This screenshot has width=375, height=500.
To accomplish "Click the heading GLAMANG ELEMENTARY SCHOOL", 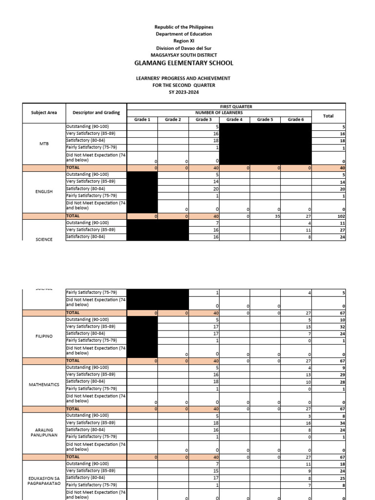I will [184, 63].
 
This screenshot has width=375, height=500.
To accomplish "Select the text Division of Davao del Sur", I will [184, 48].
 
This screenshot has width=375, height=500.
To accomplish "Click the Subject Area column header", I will [44, 113].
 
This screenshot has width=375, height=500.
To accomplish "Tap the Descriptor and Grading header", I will [96, 113].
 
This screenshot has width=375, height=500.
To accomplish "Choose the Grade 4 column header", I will [234, 119].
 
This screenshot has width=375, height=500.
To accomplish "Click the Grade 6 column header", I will [295, 119].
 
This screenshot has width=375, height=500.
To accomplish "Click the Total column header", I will [328, 116].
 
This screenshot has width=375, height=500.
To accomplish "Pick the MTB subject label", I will [44, 144].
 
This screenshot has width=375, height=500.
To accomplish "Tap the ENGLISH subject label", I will [44, 192].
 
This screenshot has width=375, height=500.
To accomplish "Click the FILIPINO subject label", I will [44, 336].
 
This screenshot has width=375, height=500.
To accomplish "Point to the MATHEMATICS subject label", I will [44, 385].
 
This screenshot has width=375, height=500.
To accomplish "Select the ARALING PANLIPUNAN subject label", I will [44, 433].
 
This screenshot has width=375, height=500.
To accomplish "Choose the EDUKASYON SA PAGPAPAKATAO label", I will [44, 480].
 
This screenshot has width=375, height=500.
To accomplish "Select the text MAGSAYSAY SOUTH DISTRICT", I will [184, 55].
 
